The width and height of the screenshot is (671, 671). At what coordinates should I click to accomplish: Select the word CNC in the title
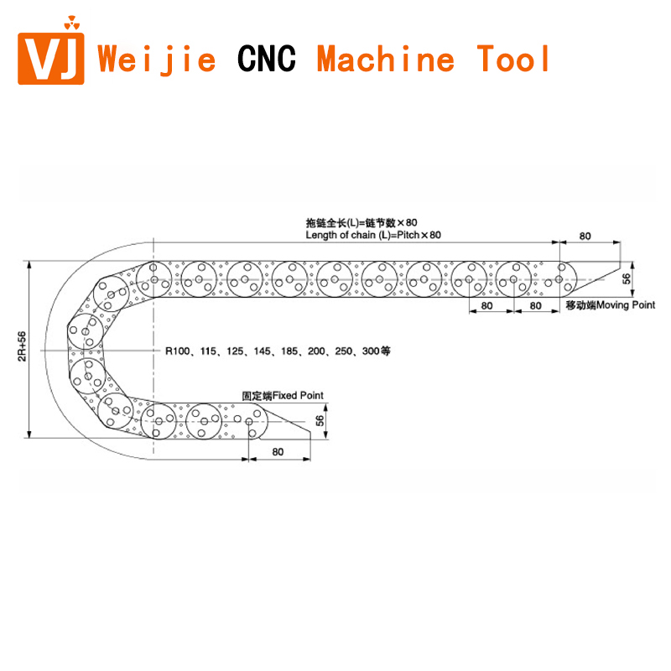point(267,60)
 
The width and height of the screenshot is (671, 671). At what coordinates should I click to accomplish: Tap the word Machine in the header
point(386,60)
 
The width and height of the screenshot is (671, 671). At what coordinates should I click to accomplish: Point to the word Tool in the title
point(514,60)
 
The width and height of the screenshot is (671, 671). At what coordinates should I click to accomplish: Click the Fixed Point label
point(283,395)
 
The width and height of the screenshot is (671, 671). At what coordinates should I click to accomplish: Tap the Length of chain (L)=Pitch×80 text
point(372,235)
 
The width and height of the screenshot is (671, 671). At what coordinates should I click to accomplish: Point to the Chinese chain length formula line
point(362,223)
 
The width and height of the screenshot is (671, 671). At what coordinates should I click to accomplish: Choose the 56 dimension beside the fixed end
point(320,421)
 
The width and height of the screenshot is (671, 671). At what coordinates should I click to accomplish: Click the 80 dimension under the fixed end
point(278,451)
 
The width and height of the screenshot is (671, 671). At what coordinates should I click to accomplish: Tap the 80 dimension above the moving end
point(585,236)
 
